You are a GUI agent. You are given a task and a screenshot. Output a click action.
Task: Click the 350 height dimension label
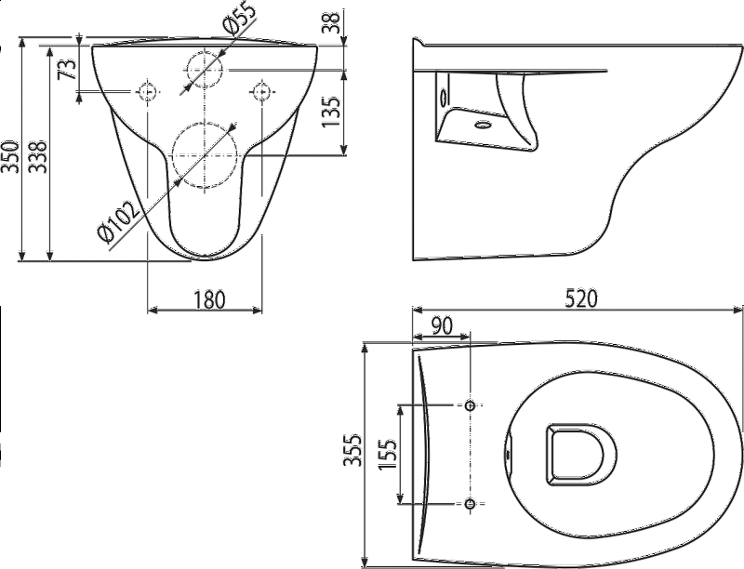tap(11, 156)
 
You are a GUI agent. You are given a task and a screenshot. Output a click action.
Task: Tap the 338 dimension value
tap(38, 156)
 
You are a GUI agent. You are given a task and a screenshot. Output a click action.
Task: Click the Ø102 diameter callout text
tap(118, 219)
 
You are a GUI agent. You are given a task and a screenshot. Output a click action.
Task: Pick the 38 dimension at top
tap(332, 21)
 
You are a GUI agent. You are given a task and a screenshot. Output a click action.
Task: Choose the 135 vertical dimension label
tap(331, 112)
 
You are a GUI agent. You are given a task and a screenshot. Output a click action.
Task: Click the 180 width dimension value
tap(210, 300)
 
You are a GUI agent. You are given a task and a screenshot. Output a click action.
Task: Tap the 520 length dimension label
tap(582, 298)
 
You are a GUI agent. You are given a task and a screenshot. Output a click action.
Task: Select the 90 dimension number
tap(442, 325)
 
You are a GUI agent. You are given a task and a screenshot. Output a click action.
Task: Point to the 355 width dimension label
tap(353, 449)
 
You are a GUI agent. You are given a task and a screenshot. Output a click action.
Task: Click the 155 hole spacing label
tap(387, 455)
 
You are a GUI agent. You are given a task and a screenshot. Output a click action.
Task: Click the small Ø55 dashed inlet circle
tap(205, 69)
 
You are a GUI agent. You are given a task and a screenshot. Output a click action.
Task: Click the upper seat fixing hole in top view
tap(471, 405)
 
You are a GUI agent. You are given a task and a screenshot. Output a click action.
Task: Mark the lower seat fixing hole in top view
tap(471, 504)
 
